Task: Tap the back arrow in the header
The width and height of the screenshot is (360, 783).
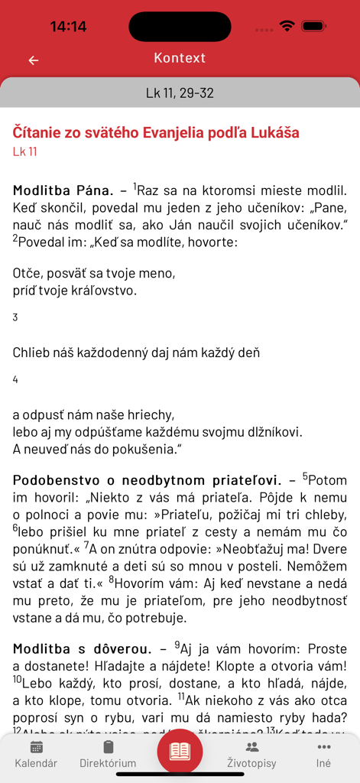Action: pyautogui.click(x=34, y=60)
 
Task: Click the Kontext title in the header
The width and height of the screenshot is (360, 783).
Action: pyautogui.click(x=180, y=58)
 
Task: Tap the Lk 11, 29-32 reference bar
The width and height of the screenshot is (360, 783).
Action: pyautogui.click(x=180, y=93)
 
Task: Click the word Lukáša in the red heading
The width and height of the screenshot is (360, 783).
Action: pyautogui.click(x=273, y=133)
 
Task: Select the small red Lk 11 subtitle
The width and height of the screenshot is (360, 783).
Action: pyautogui.click(x=25, y=151)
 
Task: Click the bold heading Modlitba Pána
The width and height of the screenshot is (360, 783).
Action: pyautogui.click(x=63, y=190)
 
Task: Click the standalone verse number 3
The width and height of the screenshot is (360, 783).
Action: pyautogui.click(x=15, y=317)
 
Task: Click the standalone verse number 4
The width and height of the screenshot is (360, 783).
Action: pyautogui.click(x=15, y=379)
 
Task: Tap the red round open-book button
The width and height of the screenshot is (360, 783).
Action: pyautogui.click(x=180, y=751)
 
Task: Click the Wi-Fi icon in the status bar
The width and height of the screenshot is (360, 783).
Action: pyautogui.click(x=287, y=26)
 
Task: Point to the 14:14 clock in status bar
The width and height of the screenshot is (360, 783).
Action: pyautogui.click(x=68, y=27)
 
